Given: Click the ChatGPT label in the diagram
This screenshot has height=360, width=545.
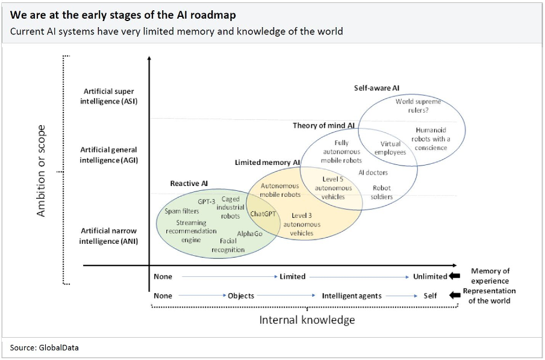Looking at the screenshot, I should tap(263, 214).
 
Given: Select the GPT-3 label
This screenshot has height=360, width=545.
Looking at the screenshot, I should tap(207, 202).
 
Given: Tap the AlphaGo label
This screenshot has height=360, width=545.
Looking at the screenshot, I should tap(249, 234).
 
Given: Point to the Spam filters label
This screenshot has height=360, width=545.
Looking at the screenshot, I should tap(182, 211).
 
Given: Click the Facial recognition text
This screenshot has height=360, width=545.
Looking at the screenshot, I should tap(228, 245).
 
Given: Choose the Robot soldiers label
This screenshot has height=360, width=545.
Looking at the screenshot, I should tap(382, 193).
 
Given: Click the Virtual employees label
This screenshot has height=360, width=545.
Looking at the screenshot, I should tap(390, 148).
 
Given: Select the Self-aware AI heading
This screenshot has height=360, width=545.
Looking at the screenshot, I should tap(376, 88).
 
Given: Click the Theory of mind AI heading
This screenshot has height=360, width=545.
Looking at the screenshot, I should tap(324, 126).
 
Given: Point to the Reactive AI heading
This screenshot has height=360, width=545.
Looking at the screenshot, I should tap(189, 183).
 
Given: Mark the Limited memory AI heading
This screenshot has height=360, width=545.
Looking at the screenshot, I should tap(267, 163).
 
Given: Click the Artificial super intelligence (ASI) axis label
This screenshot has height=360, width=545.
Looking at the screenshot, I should tap(108, 96).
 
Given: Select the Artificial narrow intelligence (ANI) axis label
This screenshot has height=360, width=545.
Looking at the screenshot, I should tap(108, 236).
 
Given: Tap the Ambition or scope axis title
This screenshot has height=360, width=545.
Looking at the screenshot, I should tap(41, 171).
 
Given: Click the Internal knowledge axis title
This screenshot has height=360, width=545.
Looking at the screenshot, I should tap(307, 320).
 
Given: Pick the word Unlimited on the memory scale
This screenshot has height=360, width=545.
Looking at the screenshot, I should tap(430, 276).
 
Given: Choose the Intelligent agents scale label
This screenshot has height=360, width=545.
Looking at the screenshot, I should tap(352, 296).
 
